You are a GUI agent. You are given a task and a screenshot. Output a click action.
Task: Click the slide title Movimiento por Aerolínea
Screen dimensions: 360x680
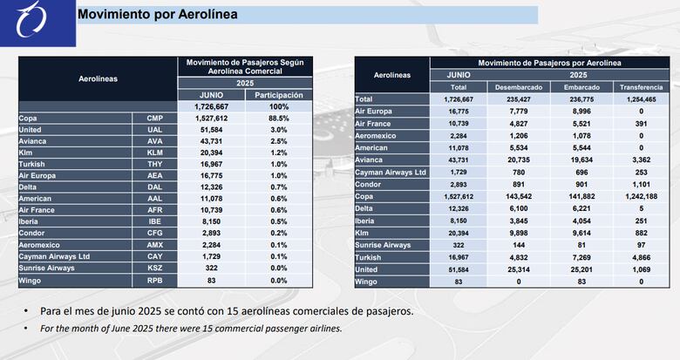click(x=157, y=15)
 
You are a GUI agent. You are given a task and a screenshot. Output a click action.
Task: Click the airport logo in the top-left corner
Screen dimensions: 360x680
click(x=37, y=23)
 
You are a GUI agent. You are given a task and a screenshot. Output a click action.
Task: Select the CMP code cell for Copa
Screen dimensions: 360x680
click(x=154, y=117)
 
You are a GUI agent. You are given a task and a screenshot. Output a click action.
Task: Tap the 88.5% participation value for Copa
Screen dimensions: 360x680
click(x=280, y=117)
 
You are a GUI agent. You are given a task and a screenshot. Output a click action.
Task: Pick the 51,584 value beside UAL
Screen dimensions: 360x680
click(x=212, y=128)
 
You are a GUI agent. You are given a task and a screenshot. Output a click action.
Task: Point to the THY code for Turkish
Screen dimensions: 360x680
click(x=154, y=163)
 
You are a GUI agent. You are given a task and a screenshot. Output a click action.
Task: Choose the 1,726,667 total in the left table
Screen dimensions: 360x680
click(x=212, y=105)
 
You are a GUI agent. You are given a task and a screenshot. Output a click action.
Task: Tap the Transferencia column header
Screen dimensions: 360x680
click(x=641, y=87)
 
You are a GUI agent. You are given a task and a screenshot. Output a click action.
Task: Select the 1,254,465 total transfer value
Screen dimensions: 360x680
click(x=641, y=99)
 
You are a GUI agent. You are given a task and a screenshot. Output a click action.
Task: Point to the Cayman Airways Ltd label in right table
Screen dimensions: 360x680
click(x=391, y=173)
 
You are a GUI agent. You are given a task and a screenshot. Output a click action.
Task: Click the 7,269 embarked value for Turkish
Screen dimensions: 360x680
click(x=581, y=257)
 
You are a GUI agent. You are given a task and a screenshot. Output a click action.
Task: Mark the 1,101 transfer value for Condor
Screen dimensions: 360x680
click(x=641, y=185)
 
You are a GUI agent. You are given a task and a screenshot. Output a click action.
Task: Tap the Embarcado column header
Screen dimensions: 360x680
click(x=581, y=87)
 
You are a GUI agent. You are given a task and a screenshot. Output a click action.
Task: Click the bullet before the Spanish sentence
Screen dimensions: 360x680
click(x=29, y=312)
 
